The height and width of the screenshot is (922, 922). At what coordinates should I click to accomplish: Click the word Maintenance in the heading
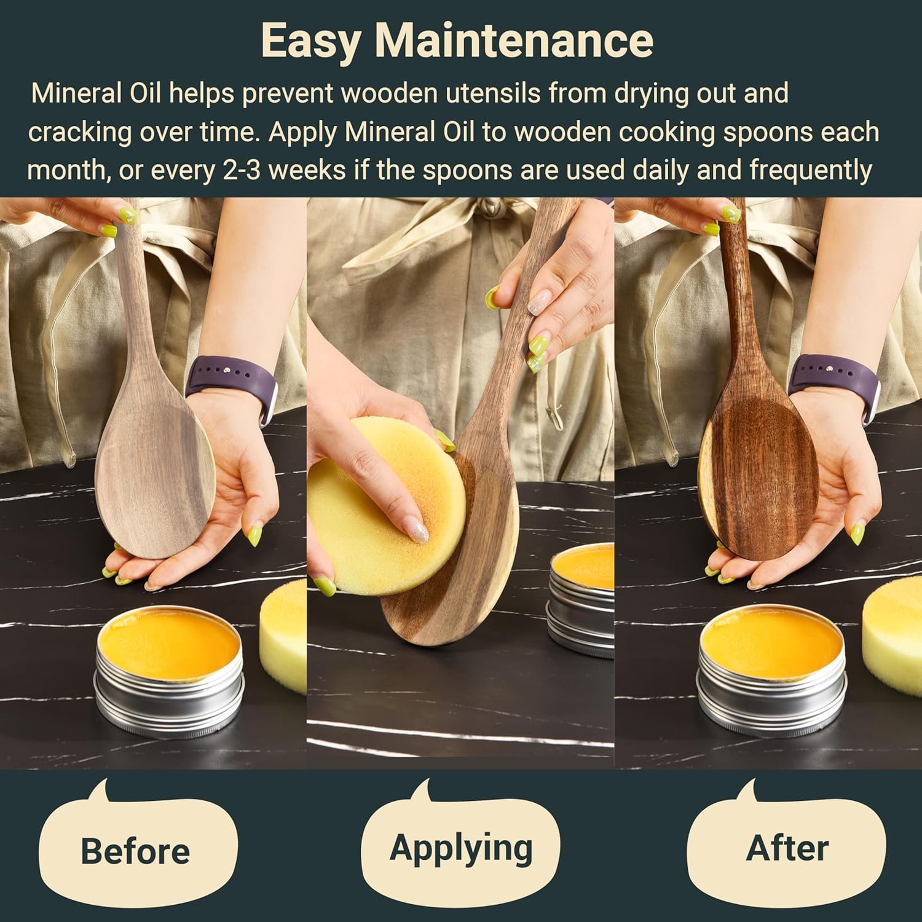tap(514, 40)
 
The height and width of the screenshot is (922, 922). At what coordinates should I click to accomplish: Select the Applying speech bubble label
tap(461, 848)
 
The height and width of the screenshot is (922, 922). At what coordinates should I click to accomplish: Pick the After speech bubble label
tap(787, 848)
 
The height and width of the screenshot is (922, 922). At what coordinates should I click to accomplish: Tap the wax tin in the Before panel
tap(169, 670)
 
